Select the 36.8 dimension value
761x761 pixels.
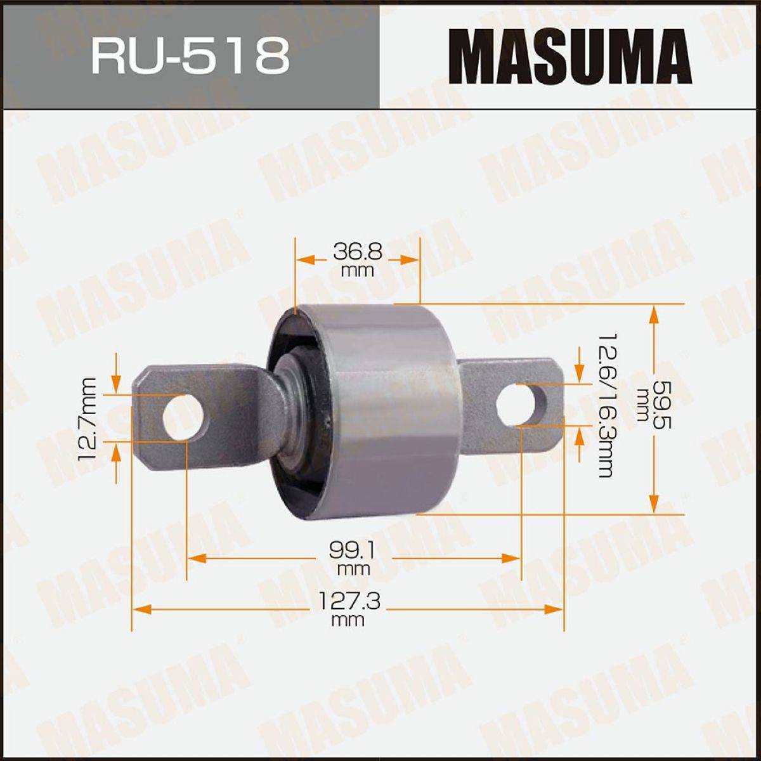[x=358, y=251]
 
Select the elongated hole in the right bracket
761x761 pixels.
[x=521, y=405]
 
